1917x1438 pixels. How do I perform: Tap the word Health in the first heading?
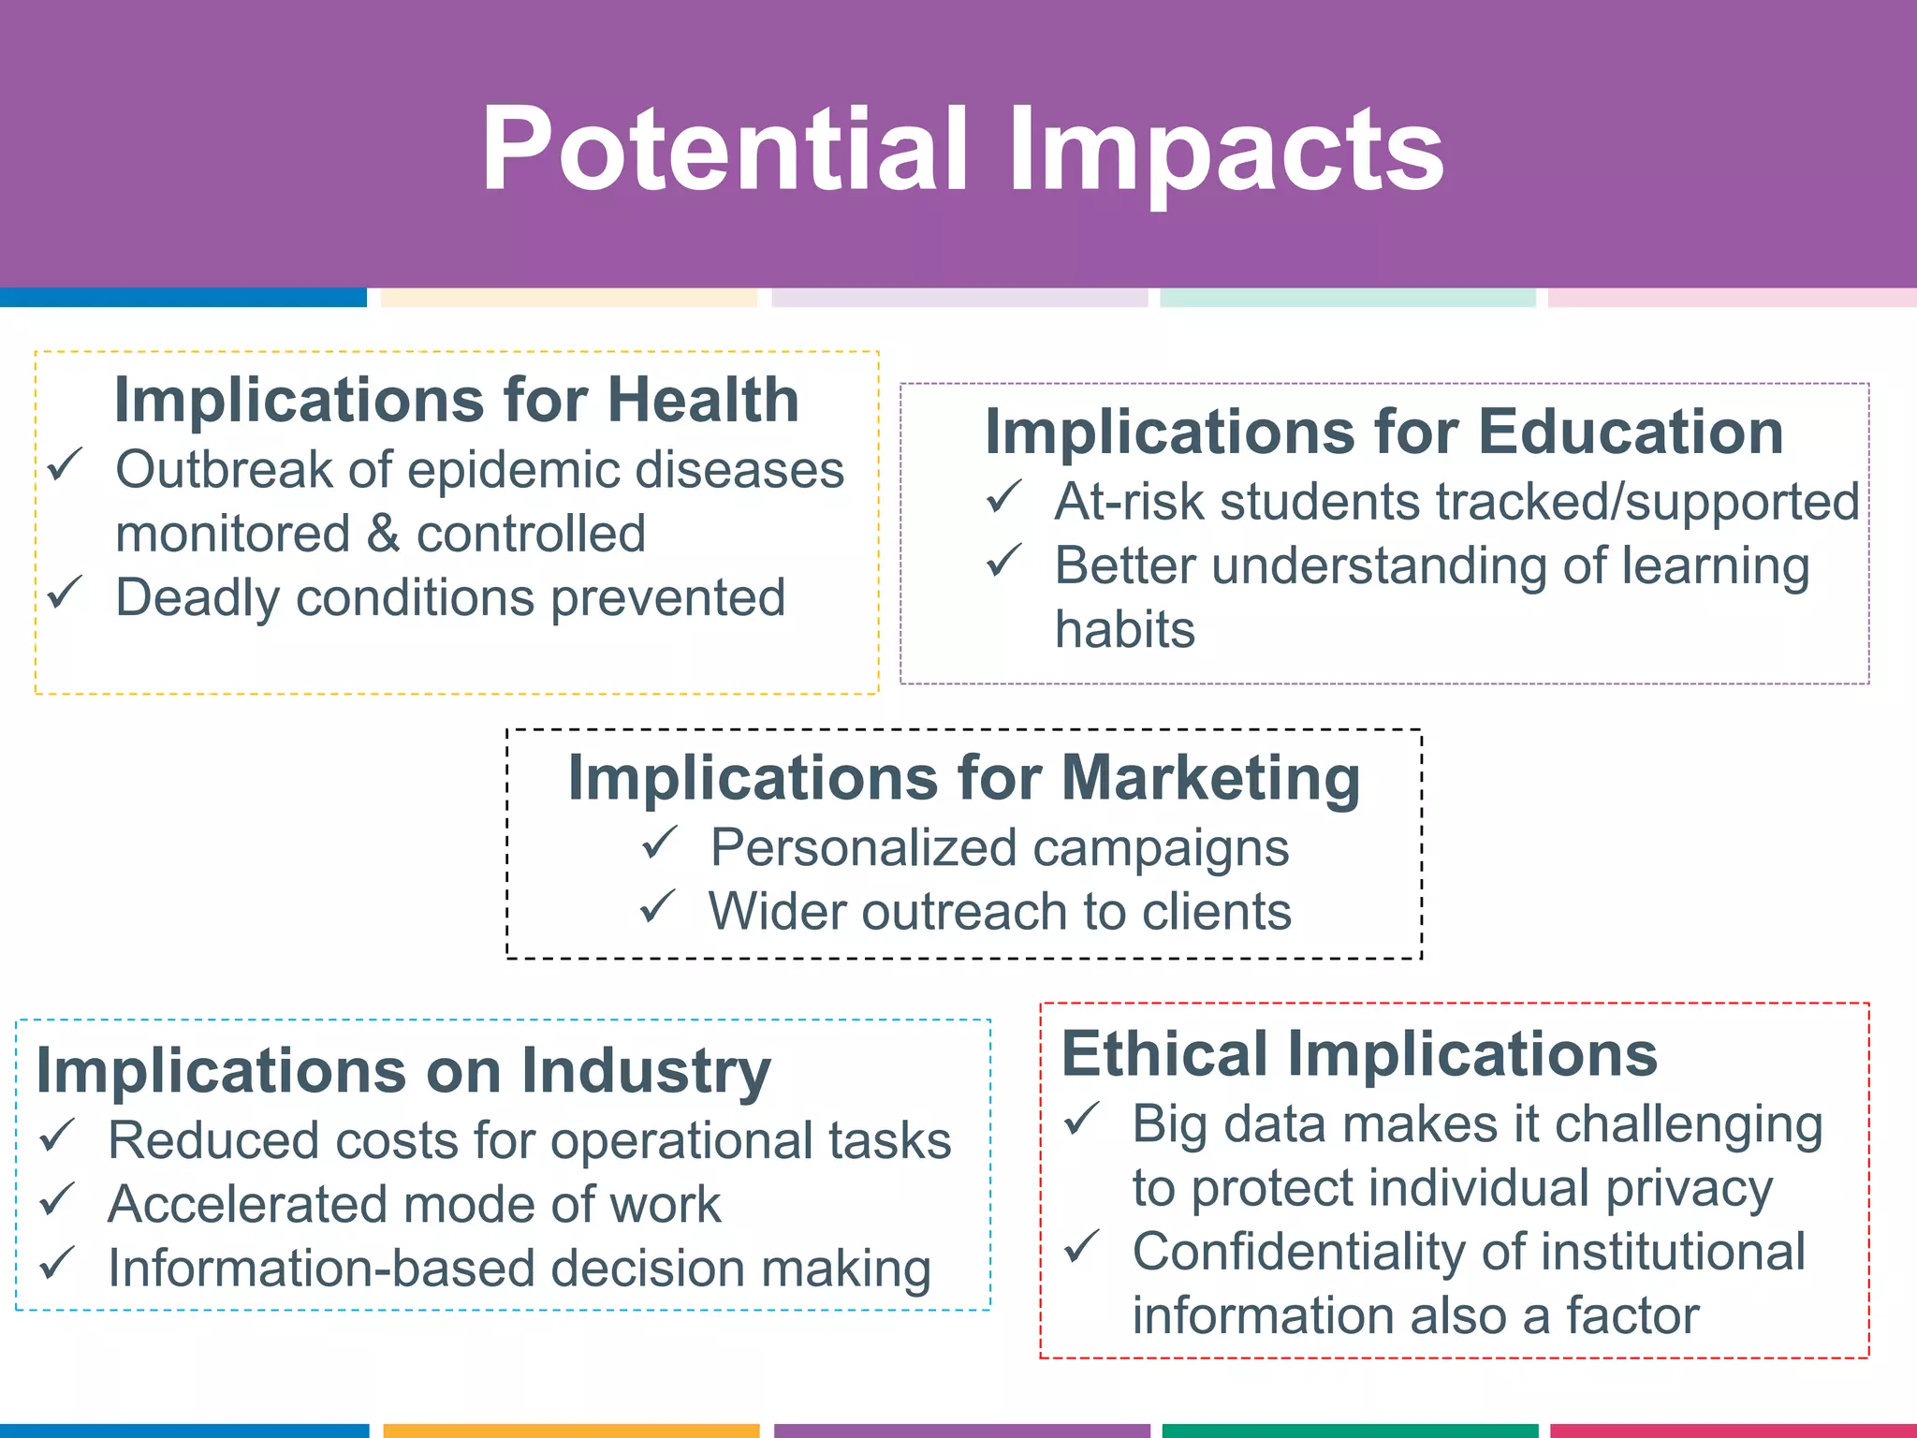point(703,400)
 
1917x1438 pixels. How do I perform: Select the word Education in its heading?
point(1631,432)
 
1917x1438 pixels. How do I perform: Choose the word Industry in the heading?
point(646,1071)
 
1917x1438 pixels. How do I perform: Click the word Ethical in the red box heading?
point(1164,1054)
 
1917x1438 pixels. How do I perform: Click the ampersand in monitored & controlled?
point(383,534)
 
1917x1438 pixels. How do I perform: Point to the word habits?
point(1125,629)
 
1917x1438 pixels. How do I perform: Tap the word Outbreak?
point(224,469)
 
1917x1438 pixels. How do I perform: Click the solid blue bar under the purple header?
point(183,298)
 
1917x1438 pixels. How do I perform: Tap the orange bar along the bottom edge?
point(571,1431)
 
